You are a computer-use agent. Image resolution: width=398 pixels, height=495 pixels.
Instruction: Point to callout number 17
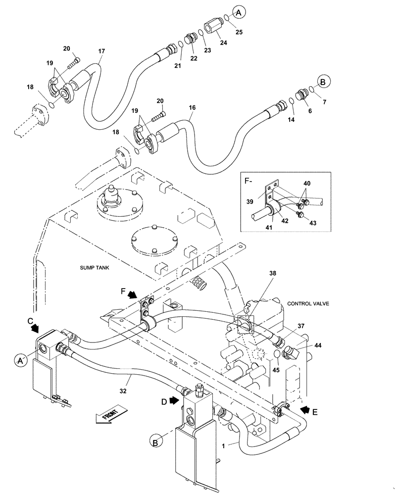click(x=101, y=50)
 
